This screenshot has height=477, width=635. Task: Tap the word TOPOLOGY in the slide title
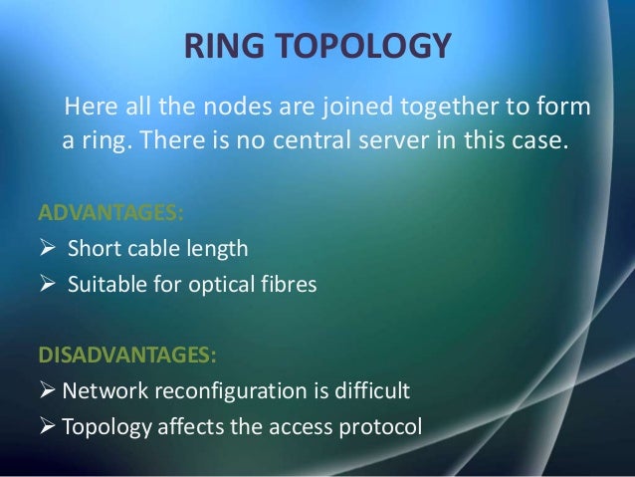[x=354, y=47]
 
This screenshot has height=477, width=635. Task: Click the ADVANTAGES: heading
[x=109, y=213]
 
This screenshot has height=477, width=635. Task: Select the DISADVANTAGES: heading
[x=125, y=355]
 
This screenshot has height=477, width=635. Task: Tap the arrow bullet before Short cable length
[x=47, y=248]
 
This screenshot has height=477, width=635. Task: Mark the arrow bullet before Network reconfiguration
[x=47, y=390]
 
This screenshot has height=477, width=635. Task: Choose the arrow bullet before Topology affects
[x=47, y=426]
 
